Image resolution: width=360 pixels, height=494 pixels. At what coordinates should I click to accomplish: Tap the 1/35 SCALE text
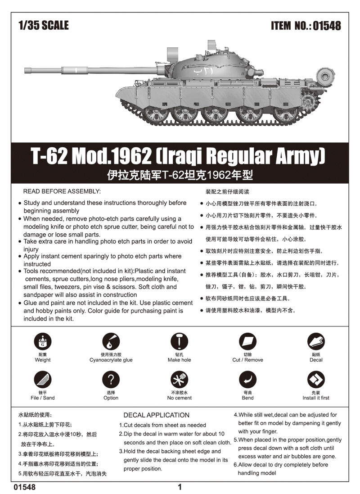point(44,25)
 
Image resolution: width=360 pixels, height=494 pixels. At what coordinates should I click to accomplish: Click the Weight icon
point(42,342)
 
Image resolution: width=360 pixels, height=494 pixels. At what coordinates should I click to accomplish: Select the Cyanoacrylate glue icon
point(111,342)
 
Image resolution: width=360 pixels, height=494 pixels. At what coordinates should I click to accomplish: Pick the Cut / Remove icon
point(247,342)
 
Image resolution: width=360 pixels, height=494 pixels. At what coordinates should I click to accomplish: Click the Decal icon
point(316,342)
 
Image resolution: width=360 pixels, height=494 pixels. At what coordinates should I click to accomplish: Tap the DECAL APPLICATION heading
point(156,415)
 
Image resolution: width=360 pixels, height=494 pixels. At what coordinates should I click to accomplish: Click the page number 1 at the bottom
point(180,487)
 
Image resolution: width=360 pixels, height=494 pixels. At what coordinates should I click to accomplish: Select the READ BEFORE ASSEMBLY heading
point(62,191)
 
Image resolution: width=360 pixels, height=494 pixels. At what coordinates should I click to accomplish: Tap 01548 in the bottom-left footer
point(25,487)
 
